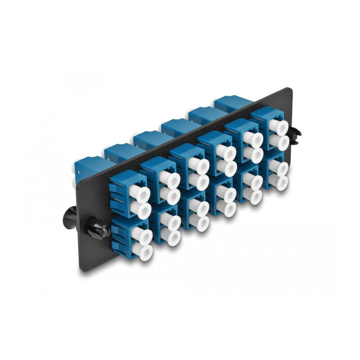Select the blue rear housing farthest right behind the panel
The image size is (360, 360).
(x=232, y=103)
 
